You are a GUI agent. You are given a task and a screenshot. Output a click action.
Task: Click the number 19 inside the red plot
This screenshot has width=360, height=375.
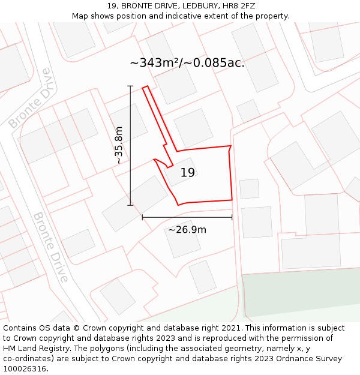[x=187, y=173]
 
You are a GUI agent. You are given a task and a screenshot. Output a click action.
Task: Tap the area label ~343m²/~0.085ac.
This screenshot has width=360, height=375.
[x=187, y=62]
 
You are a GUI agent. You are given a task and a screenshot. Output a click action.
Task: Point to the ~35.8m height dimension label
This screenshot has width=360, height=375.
[x=119, y=145]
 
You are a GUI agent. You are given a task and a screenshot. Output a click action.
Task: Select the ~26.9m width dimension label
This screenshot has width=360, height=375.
[x=187, y=230]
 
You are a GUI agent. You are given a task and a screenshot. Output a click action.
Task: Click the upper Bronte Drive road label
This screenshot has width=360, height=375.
[x=29, y=99]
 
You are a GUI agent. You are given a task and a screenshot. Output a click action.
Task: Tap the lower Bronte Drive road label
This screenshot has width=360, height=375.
[x=50, y=247]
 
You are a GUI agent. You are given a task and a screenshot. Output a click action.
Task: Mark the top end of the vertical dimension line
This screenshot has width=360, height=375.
[x=130, y=86]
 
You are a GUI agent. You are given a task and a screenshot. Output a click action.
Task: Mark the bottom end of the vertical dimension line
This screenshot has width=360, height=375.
[x=130, y=205]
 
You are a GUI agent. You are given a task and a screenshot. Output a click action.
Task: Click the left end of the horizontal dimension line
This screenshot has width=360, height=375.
[x=142, y=217]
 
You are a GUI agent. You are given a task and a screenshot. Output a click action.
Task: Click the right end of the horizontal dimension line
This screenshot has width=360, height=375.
[x=232, y=217]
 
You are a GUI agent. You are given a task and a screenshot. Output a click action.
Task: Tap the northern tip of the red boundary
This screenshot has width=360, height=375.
[x=144, y=88]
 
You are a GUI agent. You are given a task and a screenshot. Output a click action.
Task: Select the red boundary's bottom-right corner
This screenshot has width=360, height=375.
[x=232, y=200]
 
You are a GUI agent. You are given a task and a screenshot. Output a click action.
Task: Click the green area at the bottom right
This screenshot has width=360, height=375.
[x=300, y=294]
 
